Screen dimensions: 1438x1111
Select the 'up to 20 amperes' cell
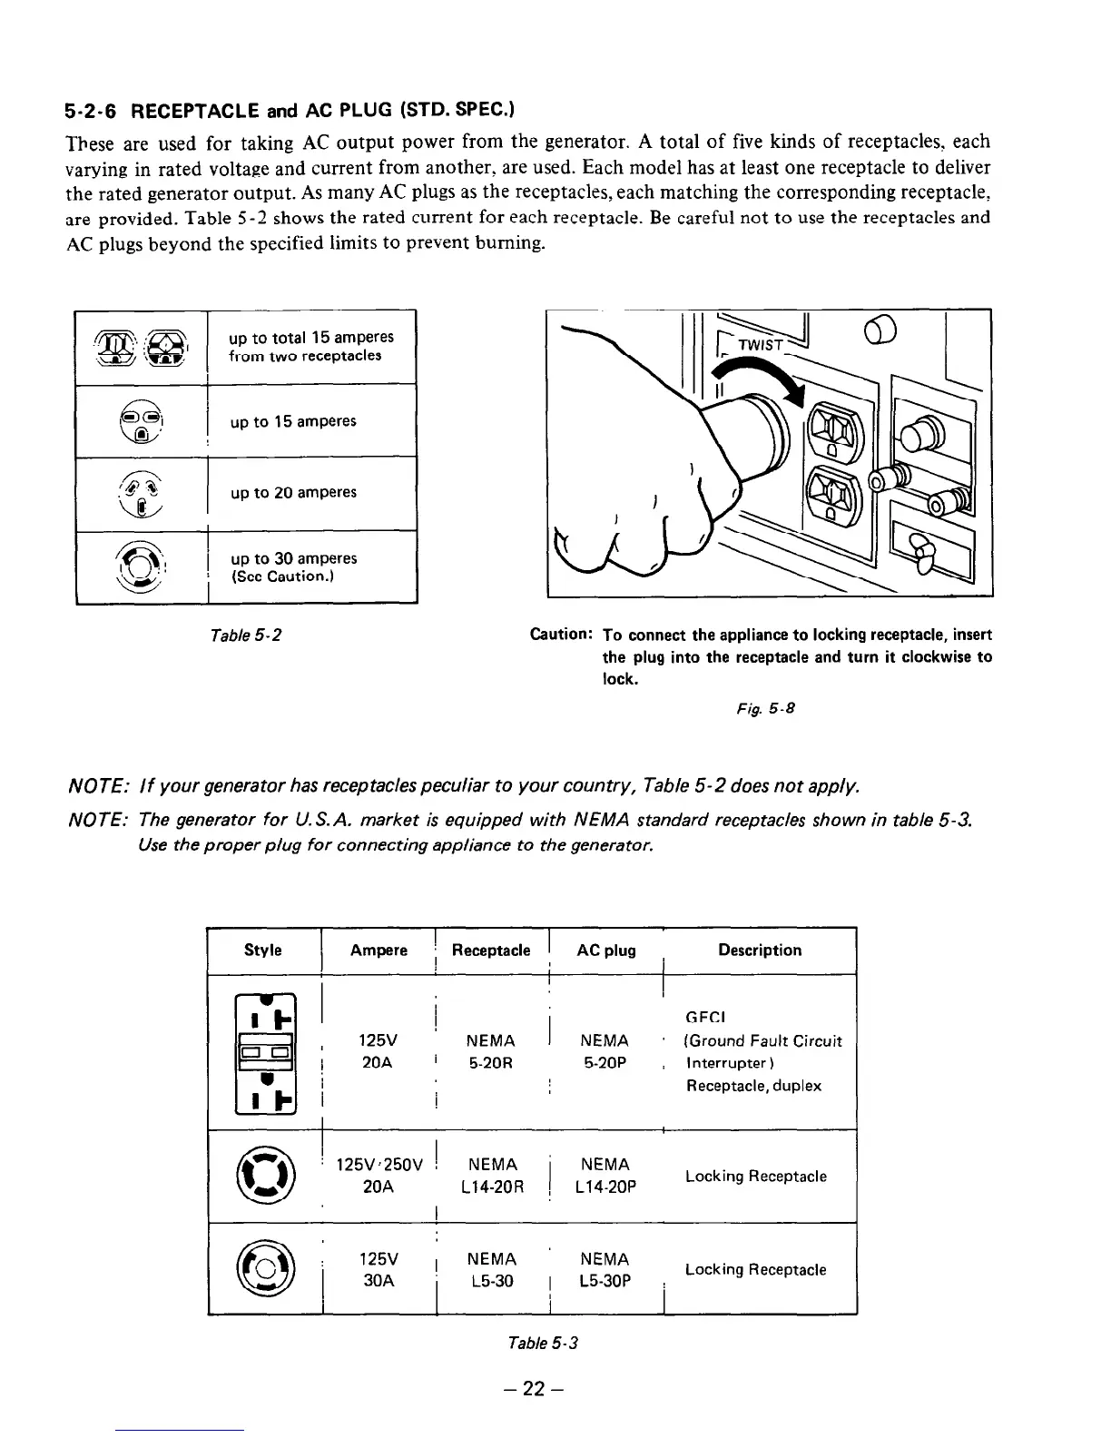click(x=293, y=493)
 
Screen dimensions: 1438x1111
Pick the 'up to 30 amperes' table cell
click(x=293, y=566)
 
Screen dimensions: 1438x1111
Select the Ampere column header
click(x=379, y=950)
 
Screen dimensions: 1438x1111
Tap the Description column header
click(x=760, y=950)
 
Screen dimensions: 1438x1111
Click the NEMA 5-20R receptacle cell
click(x=490, y=1051)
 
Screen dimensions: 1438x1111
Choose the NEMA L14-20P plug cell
click(x=605, y=1176)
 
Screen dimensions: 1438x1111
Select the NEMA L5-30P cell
click(x=605, y=1269)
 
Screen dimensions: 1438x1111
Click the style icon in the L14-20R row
click(x=263, y=1176)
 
